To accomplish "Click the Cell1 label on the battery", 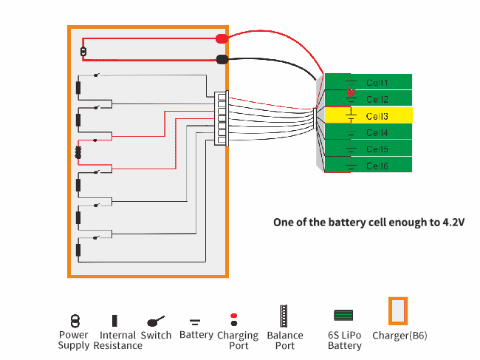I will point(377,83).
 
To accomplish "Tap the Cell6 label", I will point(377,166).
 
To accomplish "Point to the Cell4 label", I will point(377,133).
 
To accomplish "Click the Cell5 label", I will point(377,149).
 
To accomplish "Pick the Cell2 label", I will point(377,99).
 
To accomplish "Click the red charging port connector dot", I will point(221,38).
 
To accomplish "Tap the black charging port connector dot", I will point(221,61).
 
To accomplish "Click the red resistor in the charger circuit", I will point(78,153).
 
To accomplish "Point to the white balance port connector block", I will point(220,118).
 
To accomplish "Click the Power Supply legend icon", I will point(74,321).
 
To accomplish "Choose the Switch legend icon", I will point(155,321).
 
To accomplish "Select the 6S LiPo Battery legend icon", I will point(343,316).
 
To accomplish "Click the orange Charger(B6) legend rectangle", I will point(399,311).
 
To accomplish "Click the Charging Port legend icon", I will point(234,319).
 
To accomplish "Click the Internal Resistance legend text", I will point(118,341).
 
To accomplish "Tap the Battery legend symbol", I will point(195,322).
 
